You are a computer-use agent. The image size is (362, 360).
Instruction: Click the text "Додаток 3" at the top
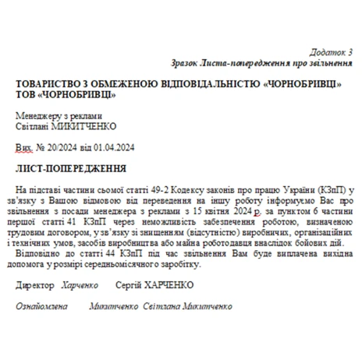[332, 51]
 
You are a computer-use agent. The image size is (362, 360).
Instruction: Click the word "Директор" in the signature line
[35, 285]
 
